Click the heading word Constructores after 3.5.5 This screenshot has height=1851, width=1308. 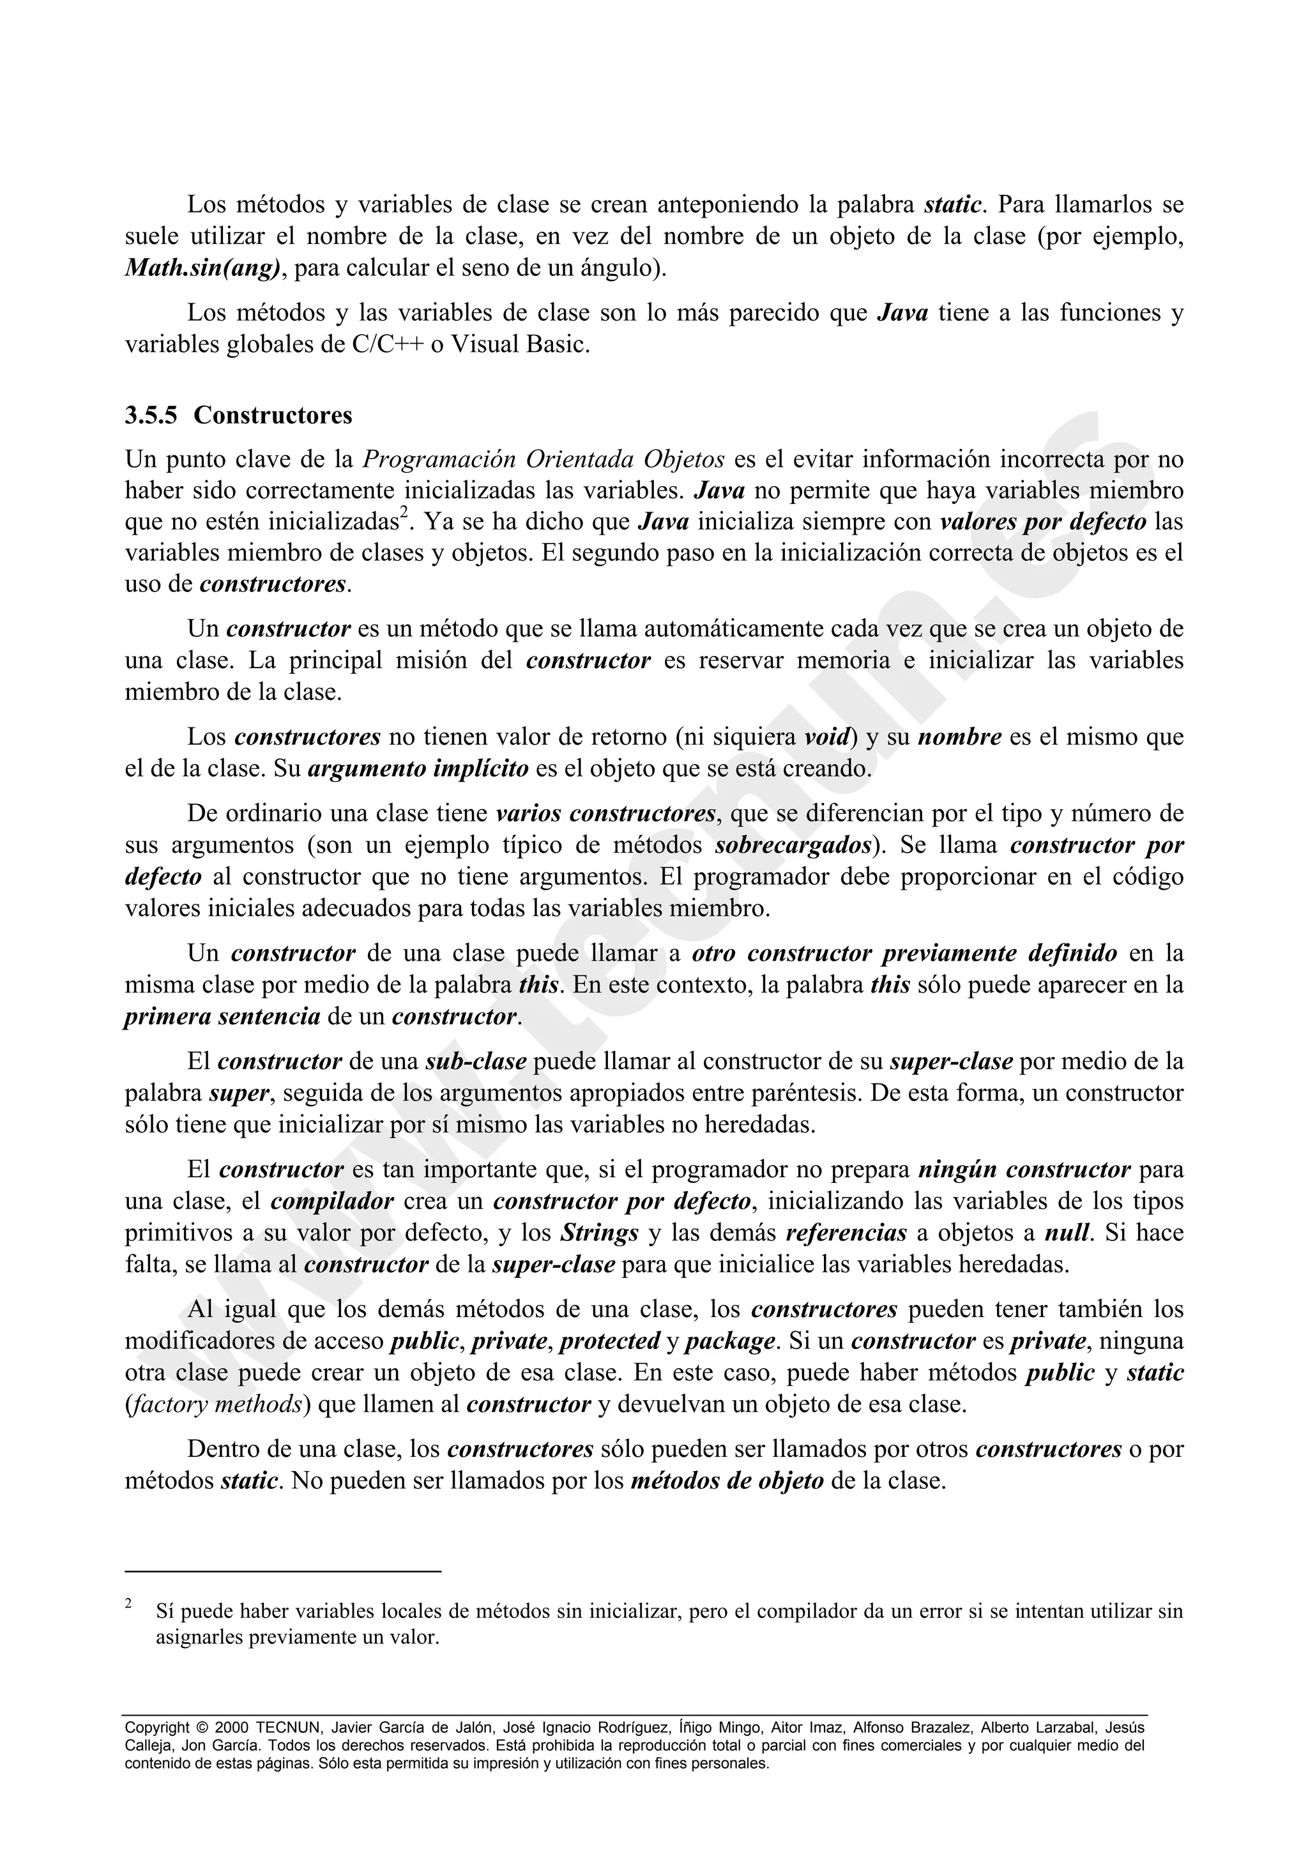273,416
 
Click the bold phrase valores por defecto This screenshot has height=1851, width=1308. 1043,522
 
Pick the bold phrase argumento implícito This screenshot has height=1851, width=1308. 418,769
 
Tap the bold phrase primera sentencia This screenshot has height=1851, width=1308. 222,1017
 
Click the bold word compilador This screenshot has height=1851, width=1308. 332,1201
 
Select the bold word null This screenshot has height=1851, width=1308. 1067,1233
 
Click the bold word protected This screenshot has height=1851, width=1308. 610,1341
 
